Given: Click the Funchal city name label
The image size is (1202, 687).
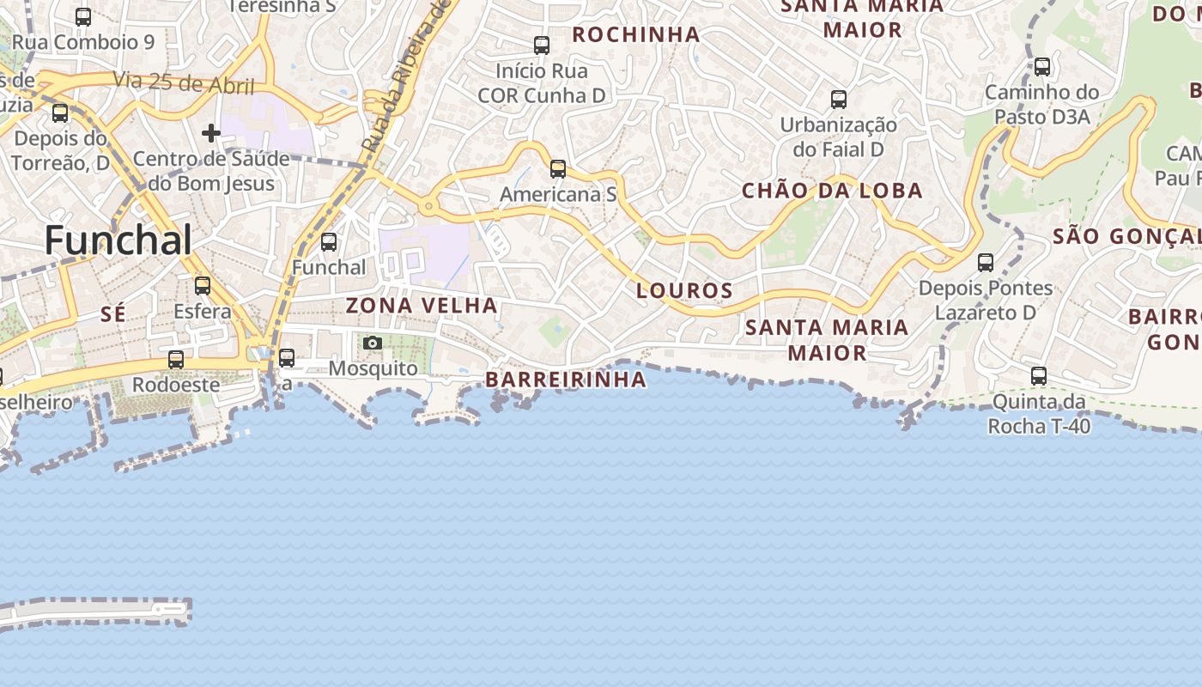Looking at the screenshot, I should pos(118,240).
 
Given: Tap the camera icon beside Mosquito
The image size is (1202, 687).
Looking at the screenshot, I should pos(373,343).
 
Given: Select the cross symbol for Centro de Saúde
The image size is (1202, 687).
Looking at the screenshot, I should pos(211,133).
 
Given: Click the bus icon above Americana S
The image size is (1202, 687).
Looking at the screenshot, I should pos(558,169).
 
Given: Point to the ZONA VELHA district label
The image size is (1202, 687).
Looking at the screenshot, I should pos(422,306).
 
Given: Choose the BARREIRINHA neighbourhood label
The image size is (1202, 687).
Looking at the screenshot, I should pos(566,380).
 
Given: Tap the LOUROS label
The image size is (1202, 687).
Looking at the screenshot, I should pos(685,291).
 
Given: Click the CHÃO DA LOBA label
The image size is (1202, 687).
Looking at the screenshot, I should pos(832,191).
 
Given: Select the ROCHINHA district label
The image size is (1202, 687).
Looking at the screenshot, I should pos(636,34).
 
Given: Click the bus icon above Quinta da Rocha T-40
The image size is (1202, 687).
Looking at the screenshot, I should pos(1039,376).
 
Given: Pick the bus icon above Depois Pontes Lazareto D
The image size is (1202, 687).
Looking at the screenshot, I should pos(986,263).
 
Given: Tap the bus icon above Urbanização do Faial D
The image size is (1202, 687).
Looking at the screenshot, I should pos(839,100).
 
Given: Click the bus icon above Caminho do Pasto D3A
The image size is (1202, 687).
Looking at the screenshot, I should pos(1042,67).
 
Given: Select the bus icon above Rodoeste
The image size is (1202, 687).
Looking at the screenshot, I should pos(176,360).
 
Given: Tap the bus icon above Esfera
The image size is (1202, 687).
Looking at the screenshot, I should pos(203,286).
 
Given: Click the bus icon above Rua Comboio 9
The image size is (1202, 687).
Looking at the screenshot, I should pos(83,17).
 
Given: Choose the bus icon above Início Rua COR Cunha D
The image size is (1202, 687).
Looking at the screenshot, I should pos(542,46).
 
